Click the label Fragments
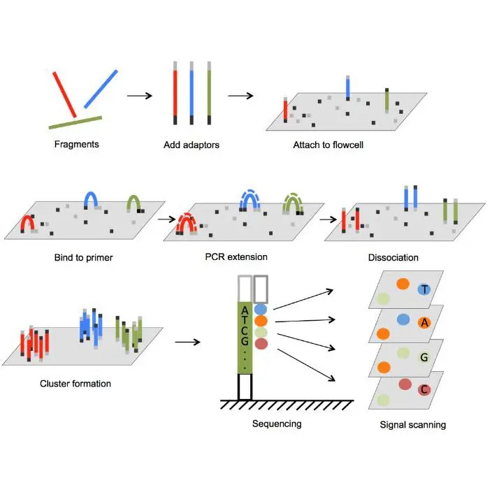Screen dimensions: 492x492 click(x=77, y=145)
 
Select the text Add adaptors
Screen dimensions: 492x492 click(x=191, y=145)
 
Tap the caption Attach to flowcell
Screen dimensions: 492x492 click(x=328, y=145)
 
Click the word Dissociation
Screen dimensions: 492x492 click(x=393, y=257)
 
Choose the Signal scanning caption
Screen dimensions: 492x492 click(x=412, y=424)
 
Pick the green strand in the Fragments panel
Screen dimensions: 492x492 click(x=75, y=122)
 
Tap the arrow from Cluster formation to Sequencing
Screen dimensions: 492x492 click(x=187, y=342)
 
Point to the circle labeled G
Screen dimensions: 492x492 click(x=424, y=357)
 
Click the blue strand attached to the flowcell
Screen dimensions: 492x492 click(x=348, y=88)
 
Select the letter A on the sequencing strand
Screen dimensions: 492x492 click(x=243, y=310)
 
